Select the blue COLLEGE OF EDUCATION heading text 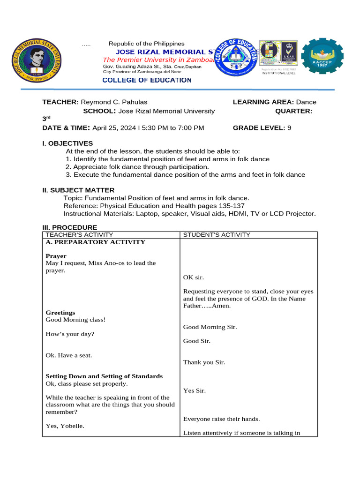pyautogui.click(x=147, y=80)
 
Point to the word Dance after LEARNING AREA pyautogui.click(x=306, y=102)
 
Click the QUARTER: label pyautogui.click(x=293, y=111)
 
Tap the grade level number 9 pyautogui.click(x=289, y=127)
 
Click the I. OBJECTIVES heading pyautogui.click(x=67, y=143)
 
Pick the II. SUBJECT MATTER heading pyautogui.click(x=78, y=190)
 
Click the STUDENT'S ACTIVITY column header pyautogui.click(x=217, y=235)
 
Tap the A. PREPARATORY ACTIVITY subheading pyautogui.click(x=95, y=242)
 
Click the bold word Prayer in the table pyautogui.click(x=56, y=256)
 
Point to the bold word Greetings pyautogui.click(x=60, y=313)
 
